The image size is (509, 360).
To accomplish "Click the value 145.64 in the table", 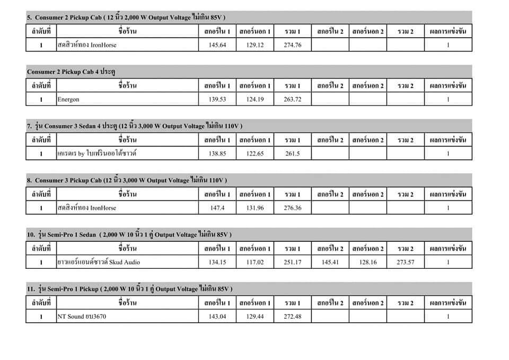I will [217, 45].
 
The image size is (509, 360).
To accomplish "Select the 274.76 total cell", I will [292, 45].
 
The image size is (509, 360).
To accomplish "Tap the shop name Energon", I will [68, 99].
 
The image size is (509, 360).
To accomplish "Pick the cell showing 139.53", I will [217, 99].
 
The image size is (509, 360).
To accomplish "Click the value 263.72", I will [292, 99].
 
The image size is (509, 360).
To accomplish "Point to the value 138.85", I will [217, 154].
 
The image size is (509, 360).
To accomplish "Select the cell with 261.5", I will [292, 154].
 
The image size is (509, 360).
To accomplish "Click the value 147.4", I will [217, 208].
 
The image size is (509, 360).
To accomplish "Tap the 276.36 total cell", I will [292, 208].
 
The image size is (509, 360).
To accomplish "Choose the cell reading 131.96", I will [254, 208].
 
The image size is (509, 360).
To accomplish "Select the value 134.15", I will [217, 262].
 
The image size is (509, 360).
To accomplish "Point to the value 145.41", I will [330, 262].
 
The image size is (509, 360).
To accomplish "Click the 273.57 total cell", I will [405, 262].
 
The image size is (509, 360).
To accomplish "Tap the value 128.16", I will [367, 262].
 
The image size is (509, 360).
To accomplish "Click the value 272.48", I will [292, 317].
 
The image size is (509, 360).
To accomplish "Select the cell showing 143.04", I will [217, 317].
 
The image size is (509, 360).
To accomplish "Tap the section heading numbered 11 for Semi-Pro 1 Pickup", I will [129, 288].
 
